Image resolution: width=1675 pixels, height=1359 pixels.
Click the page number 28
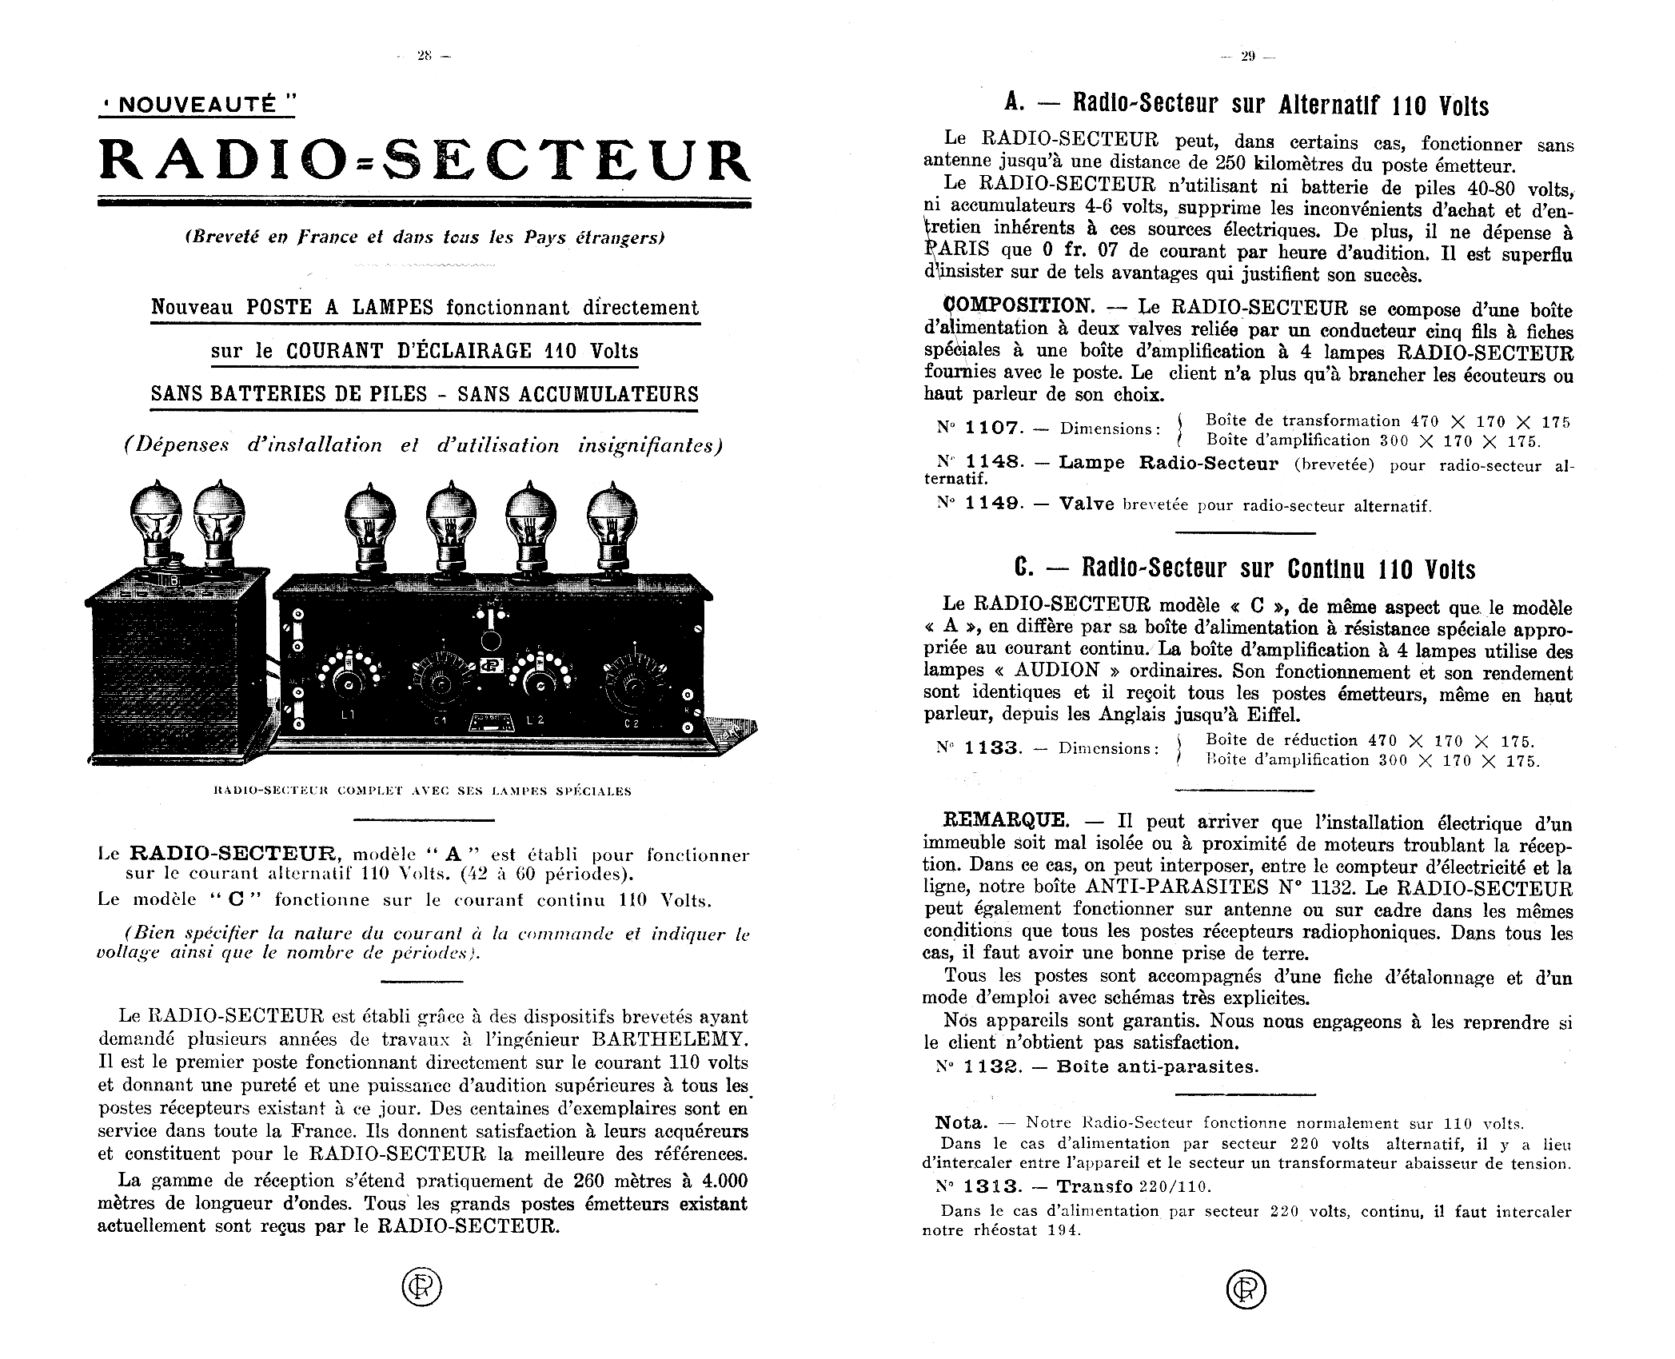424,56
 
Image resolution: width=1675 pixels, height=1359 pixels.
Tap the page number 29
1248,56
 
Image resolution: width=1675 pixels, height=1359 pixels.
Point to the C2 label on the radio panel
632,724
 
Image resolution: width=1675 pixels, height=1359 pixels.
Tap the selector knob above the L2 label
540,685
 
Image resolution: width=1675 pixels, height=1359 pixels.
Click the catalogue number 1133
993,748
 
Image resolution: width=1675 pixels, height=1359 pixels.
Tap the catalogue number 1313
993,1187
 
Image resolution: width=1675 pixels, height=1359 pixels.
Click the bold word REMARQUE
1005,820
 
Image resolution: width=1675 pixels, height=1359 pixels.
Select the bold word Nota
962,1123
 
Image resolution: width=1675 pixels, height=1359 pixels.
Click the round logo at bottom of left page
421,1288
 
